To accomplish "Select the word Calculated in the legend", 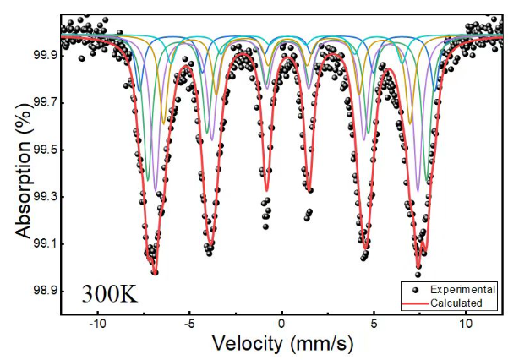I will (x=456, y=303).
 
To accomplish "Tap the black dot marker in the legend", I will (x=417, y=288).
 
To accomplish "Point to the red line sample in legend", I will (x=417, y=303).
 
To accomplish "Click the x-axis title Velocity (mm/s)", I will (x=281, y=343).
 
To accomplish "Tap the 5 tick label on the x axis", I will (x=374, y=324).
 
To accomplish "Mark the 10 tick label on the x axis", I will (x=465, y=324).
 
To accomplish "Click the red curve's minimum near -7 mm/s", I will (x=154, y=272).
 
